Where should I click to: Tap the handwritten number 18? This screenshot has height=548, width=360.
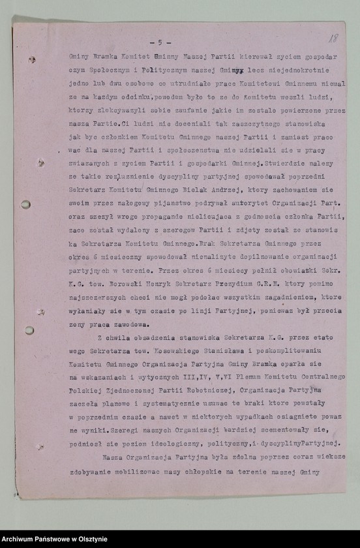333,40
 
